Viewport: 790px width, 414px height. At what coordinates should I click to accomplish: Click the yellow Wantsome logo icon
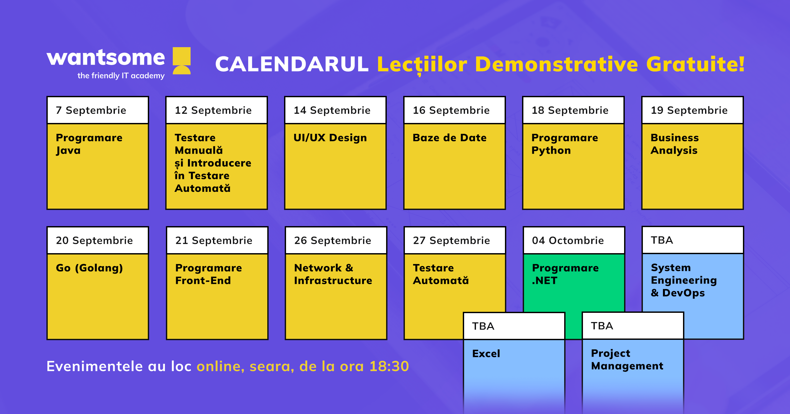pos(182,61)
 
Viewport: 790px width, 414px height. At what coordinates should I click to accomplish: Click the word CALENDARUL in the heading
pos(292,64)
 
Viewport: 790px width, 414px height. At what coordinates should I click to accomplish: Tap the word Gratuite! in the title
pos(695,64)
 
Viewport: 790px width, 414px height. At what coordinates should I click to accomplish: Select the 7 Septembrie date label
pos(91,110)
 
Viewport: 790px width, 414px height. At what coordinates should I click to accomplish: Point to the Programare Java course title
pos(89,144)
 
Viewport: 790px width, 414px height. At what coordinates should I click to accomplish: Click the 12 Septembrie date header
pos(213,110)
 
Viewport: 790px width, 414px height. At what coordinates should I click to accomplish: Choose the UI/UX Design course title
pos(330,138)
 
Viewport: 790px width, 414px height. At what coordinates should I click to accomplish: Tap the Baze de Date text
pos(450,137)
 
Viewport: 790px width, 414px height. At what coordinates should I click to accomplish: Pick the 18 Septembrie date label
pos(570,110)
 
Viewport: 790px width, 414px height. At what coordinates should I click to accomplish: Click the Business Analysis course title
pos(674,144)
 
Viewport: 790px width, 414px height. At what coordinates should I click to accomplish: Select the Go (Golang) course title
pos(90,268)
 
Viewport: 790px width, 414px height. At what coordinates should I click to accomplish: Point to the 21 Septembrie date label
pos(214,240)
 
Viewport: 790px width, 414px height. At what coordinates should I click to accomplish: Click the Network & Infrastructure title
pos(333,274)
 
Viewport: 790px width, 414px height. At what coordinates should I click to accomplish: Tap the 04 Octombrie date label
pos(568,240)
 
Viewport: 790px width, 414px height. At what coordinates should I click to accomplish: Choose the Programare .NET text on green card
pos(565,274)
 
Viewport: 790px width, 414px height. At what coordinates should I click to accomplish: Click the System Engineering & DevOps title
pos(684,280)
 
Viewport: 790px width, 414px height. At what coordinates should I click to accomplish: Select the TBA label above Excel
pos(483,326)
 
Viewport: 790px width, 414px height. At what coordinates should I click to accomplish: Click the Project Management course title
pos(627,360)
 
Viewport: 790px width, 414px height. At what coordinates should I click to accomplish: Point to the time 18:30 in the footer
pos(389,366)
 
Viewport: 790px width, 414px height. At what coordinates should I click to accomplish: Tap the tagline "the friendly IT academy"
pos(121,75)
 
